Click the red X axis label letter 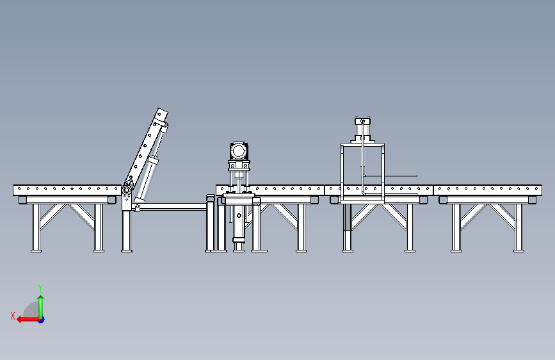tap(13, 315)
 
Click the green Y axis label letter tap(40, 288)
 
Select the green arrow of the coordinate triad tap(40, 304)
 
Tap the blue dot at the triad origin tap(41, 319)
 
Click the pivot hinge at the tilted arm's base tap(127, 190)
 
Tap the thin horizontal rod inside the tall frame tap(390, 176)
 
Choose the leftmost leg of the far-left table tap(36, 227)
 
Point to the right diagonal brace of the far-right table tap(506, 216)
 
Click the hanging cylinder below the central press tap(239, 224)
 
